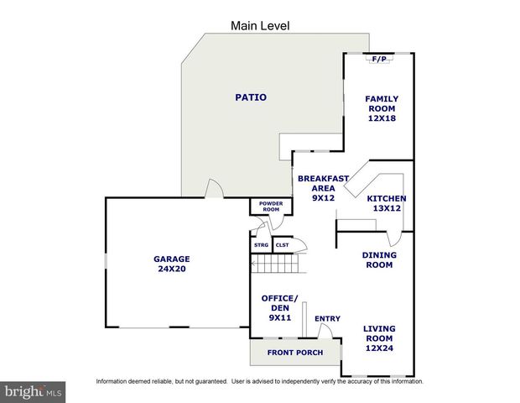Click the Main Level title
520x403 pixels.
point(260,26)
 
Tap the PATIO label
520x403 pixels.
point(250,97)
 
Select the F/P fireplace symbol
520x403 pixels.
point(379,59)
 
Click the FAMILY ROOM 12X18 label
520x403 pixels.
point(381,108)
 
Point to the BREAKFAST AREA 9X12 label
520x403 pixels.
point(317,188)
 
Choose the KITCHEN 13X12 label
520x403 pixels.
point(385,203)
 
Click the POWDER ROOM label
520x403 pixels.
point(270,207)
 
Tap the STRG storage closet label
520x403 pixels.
point(262,245)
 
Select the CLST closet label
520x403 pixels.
point(282,245)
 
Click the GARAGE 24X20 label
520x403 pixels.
point(171,264)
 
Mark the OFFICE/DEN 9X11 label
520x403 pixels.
point(279,308)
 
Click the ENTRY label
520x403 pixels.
point(327,319)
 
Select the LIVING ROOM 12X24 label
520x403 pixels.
point(379,339)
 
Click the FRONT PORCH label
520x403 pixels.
point(294,353)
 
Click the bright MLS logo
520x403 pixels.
point(34,391)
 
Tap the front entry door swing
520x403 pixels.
point(334,332)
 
